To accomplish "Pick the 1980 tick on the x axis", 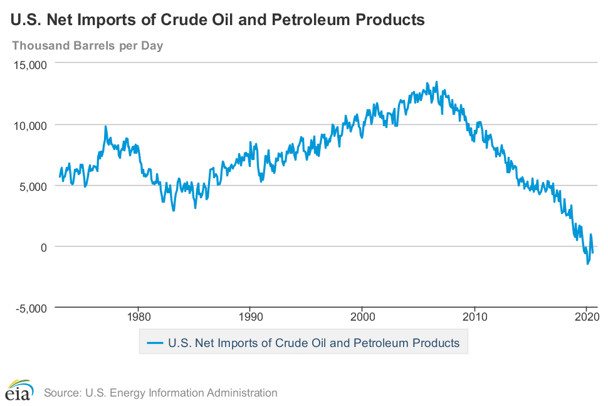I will [138, 317].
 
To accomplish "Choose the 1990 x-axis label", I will [250, 317].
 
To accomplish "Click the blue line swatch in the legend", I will [154, 343].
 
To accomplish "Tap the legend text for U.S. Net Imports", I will [313, 343].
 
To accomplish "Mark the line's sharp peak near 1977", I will [105, 126].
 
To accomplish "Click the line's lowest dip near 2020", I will [587, 264].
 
